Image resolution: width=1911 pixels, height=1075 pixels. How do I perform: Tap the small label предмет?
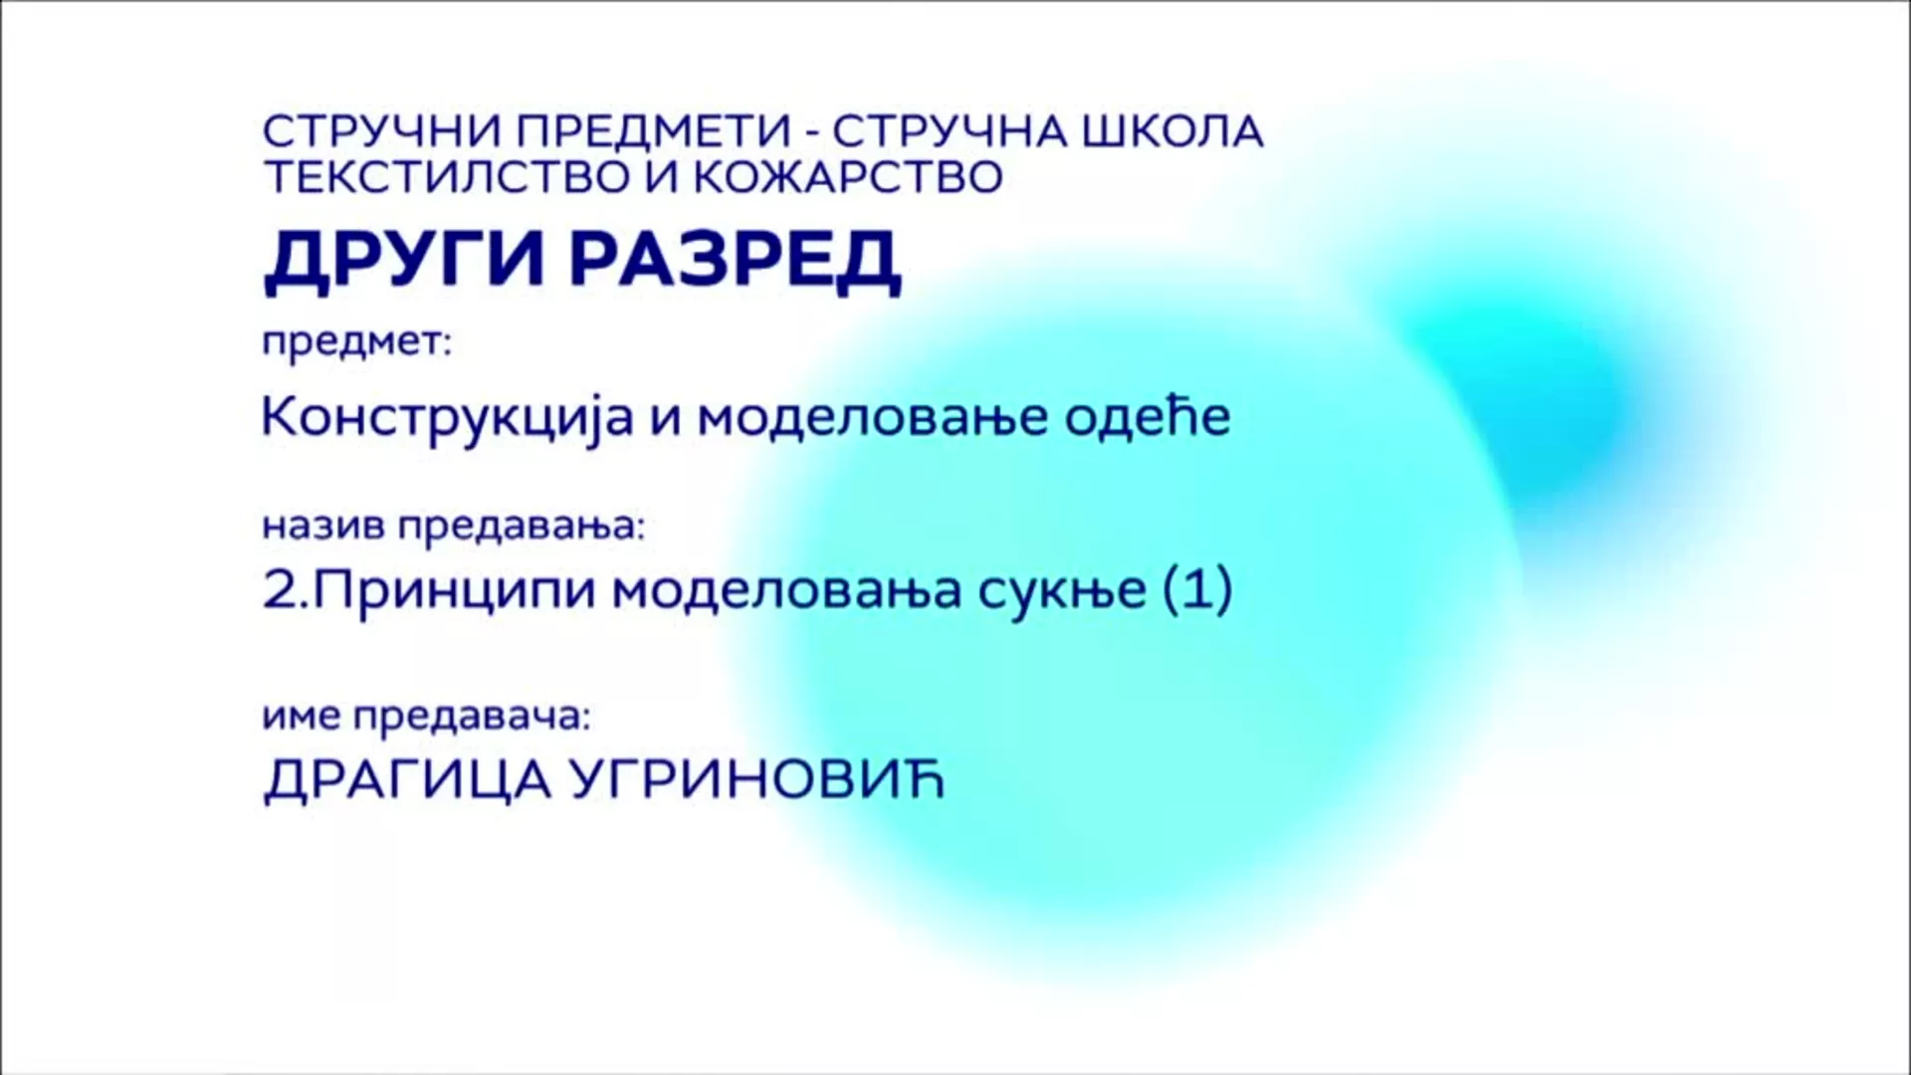click(x=356, y=344)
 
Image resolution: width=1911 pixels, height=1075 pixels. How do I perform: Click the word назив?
click(x=323, y=528)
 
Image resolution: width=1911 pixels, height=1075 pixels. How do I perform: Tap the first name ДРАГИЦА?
click(x=408, y=780)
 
